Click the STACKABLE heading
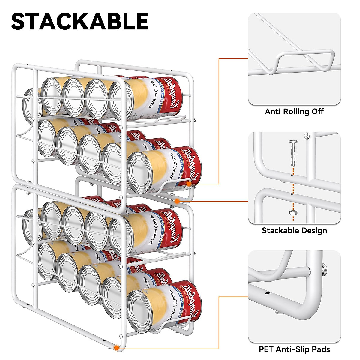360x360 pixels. [80, 21]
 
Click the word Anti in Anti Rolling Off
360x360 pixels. [272, 112]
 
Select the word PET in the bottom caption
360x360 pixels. [266, 349]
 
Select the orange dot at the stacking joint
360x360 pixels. [177, 201]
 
